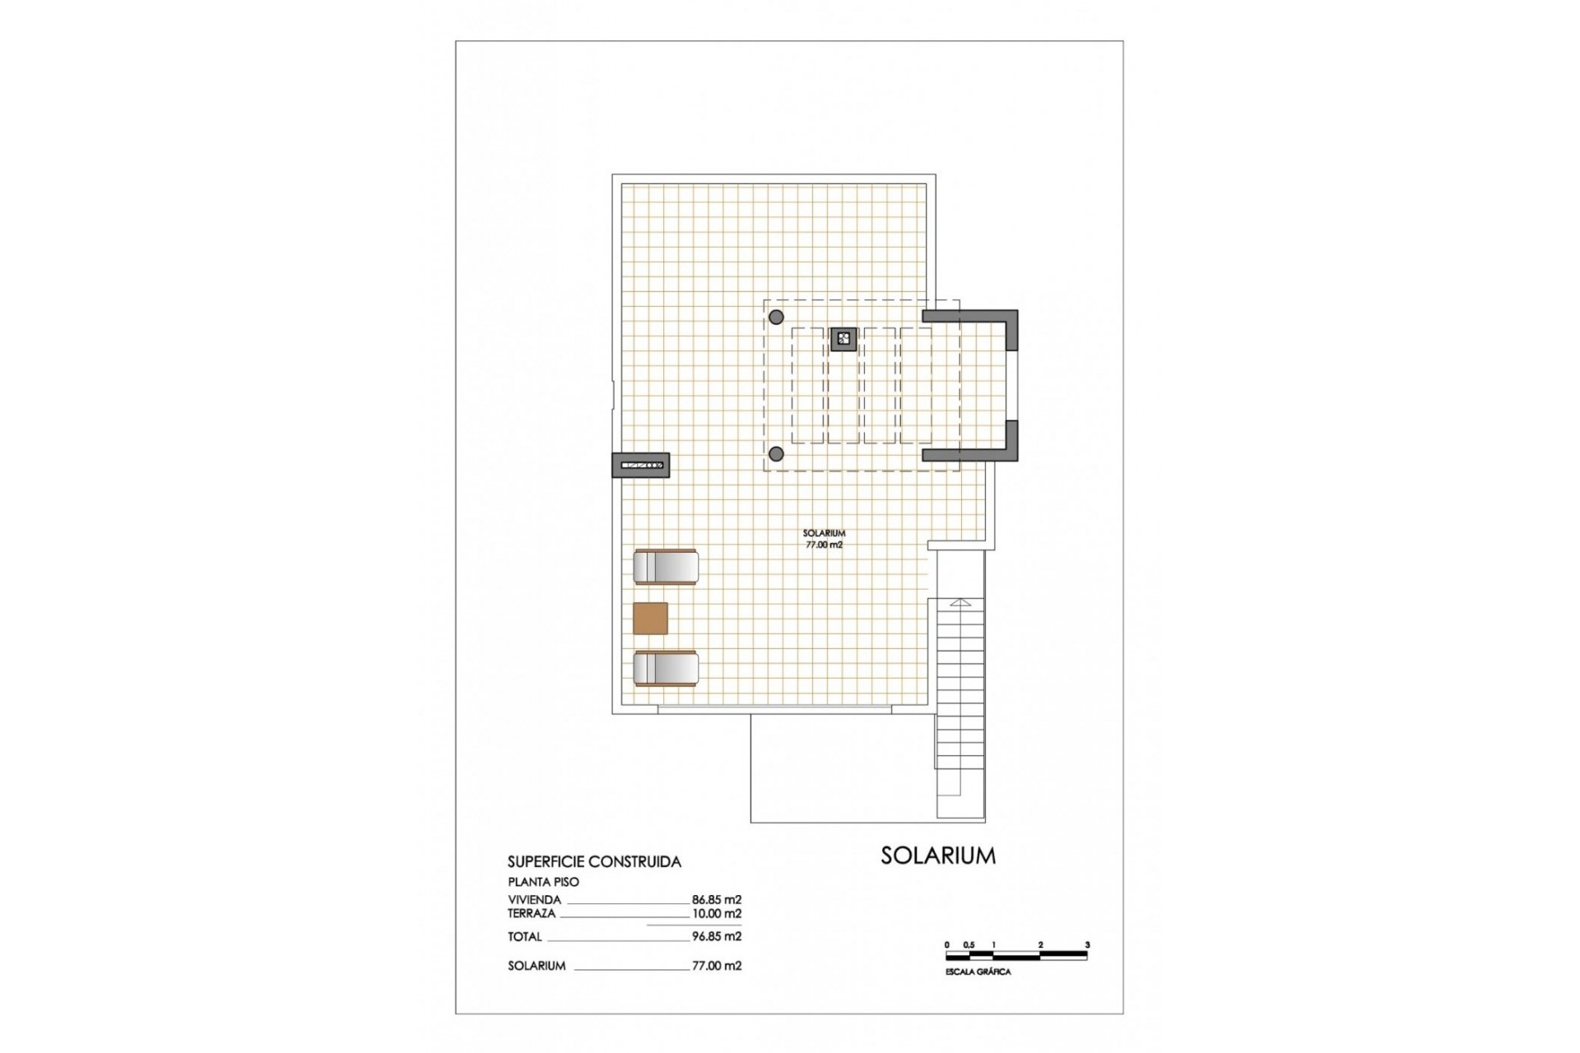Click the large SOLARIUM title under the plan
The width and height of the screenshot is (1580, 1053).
(937, 856)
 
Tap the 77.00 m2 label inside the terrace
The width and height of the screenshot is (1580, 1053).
(824, 545)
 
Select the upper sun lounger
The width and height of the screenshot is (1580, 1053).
(666, 567)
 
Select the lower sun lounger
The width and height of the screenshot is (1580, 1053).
(666, 668)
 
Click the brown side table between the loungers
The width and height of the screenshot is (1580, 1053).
(650, 618)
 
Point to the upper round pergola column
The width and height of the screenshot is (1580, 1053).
(775, 317)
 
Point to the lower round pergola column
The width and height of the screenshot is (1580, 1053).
(775, 453)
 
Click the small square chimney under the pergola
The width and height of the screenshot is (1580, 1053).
(843, 338)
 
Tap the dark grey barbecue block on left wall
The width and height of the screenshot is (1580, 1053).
(641, 466)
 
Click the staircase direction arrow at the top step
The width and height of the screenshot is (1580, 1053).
(960, 602)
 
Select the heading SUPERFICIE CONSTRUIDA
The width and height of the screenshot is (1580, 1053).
(594, 862)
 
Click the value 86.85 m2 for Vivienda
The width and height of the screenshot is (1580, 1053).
(716, 900)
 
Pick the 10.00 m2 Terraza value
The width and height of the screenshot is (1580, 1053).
(716, 913)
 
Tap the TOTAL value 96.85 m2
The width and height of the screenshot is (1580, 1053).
(716, 936)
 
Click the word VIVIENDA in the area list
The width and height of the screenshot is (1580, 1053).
(534, 900)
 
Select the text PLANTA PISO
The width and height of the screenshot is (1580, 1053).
(543, 882)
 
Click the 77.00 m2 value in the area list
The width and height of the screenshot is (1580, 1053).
(716, 966)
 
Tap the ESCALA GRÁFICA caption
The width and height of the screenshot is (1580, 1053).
(978, 972)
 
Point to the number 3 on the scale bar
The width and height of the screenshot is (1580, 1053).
(1087, 945)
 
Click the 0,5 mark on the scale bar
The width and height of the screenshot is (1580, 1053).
(969, 945)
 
